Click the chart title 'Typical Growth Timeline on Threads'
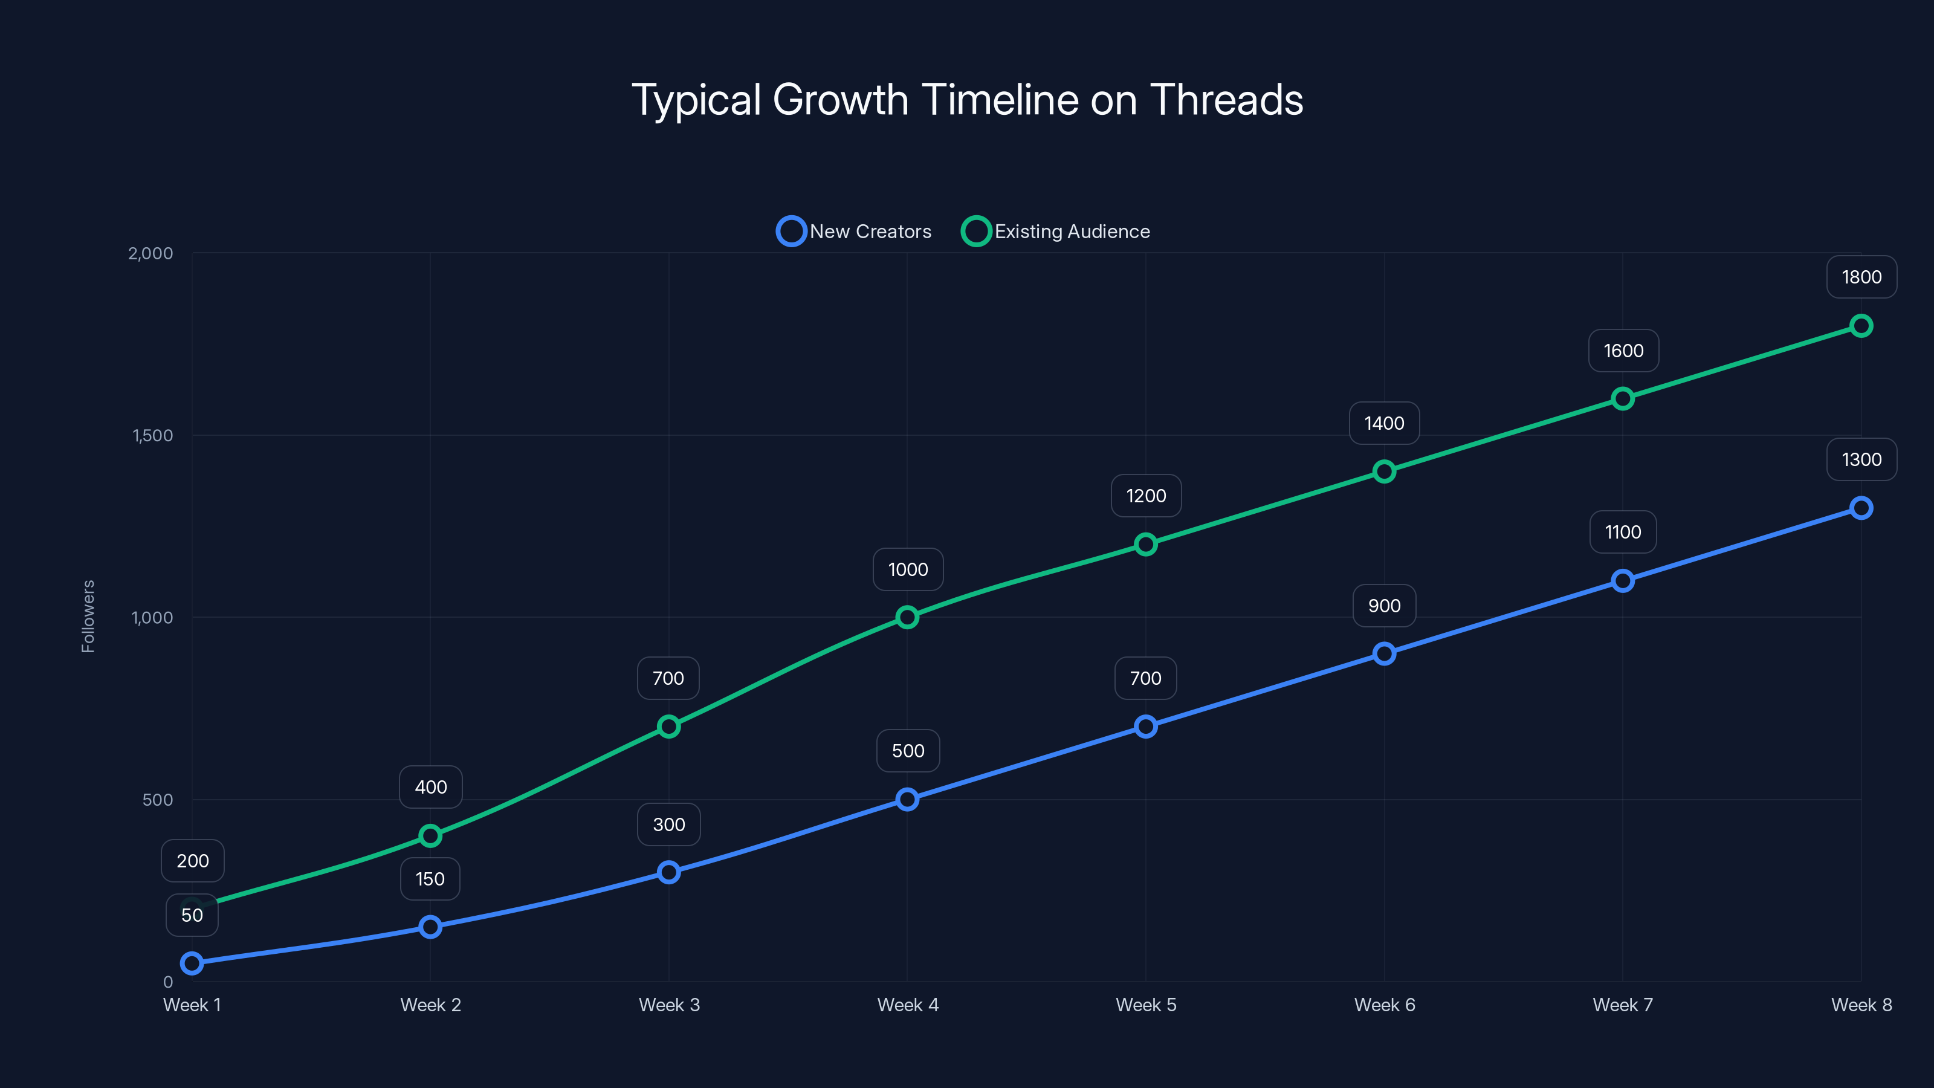pos(967,100)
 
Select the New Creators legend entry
pos(855,232)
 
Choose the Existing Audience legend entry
pos(1056,232)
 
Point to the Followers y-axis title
pos(88,617)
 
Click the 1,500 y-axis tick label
pos(152,435)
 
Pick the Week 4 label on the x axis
pos(908,1005)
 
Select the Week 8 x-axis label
pos(1861,1005)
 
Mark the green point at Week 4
pos(907,617)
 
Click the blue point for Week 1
pos(192,963)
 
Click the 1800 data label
pos(1861,277)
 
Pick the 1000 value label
pos(908,570)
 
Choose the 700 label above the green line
pos(668,679)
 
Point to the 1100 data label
pos(1622,533)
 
